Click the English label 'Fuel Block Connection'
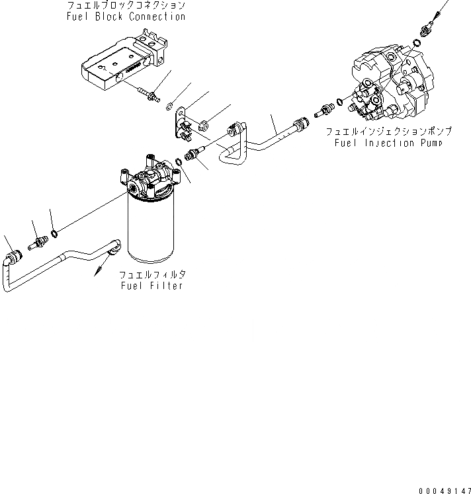coord(125,17)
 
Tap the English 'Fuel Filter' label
coord(151,285)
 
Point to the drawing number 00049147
coord(443,490)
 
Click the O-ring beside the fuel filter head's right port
coord(179,162)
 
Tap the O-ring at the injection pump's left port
coord(339,101)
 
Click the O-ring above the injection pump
coord(415,44)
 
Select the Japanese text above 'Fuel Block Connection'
coord(125,5)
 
